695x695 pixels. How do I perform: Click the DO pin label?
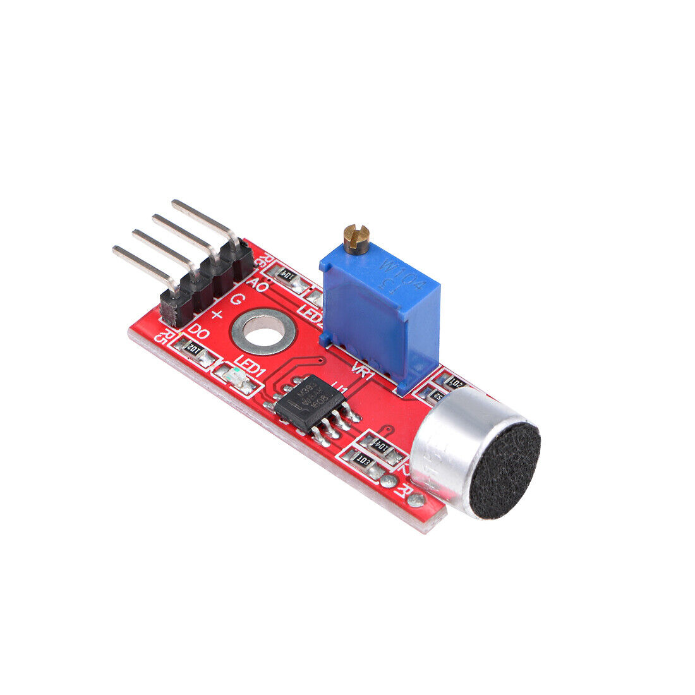200,331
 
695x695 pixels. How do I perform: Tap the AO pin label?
257,284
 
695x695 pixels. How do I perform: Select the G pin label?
238,299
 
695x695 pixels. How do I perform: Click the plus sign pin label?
217,314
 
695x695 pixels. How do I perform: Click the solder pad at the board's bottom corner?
415,501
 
